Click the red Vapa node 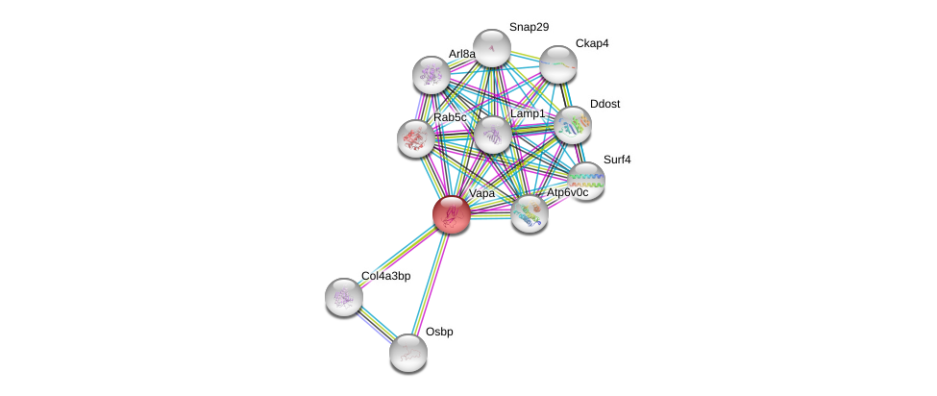click(x=451, y=213)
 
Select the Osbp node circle click(x=408, y=352)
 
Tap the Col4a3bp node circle click(x=343, y=296)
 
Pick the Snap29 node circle click(x=491, y=48)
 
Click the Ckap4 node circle click(x=557, y=64)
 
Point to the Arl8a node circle click(x=431, y=74)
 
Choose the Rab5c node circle click(x=416, y=137)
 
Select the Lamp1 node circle click(x=492, y=135)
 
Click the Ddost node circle click(x=573, y=124)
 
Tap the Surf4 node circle click(x=585, y=180)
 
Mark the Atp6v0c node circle click(x=529, y=213)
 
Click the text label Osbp click(x=439, y=333)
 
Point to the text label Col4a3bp click(x=385, y=277)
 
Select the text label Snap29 click(x=529, y=27)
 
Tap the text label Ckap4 click(x=591, y=43)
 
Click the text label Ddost click(x=604, y=103)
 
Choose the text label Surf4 click(x=617, y=160)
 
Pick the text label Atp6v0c click(x=567, y=193)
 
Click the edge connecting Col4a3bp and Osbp click(x=376, y=324)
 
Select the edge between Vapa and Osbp click(x=430, y=283)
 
